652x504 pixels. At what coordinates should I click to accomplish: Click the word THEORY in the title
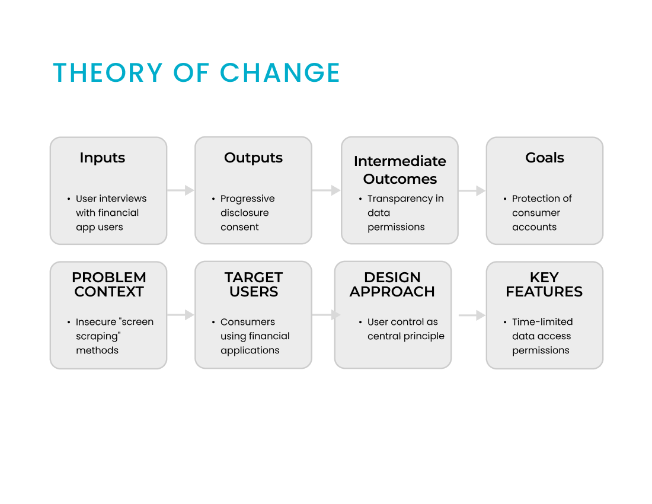108,73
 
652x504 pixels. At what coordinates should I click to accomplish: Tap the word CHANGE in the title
280,73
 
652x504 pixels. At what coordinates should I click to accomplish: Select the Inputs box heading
103,158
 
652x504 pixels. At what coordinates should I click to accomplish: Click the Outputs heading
253,158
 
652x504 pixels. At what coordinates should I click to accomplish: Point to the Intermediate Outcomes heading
400,170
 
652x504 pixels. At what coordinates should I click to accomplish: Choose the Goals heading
545,158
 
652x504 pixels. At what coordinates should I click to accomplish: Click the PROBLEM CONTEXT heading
109,285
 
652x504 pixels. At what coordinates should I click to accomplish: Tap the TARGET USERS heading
254,285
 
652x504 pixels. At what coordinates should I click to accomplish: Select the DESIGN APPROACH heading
392,285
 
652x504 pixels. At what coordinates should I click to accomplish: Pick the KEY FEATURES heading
544,285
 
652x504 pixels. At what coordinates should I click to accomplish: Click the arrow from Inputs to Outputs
181,190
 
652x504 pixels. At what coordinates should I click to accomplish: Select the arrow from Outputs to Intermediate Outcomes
327,190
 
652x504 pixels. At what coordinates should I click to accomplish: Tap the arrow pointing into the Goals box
472,191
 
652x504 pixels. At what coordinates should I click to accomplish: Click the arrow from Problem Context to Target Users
181,315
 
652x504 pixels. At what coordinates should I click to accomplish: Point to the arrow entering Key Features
472,315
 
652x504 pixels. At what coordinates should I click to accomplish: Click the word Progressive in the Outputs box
247,199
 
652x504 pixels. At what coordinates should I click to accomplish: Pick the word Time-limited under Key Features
542,322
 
